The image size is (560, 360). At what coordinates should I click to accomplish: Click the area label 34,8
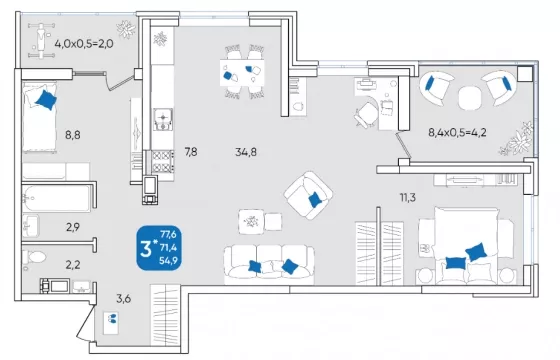(246, 152)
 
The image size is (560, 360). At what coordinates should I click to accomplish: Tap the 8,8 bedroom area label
(72, 135)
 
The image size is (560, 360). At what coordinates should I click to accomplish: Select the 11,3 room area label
(408, 197)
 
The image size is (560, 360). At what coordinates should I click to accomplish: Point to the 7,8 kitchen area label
(191, 152)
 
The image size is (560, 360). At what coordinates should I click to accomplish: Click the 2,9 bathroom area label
(73, 227)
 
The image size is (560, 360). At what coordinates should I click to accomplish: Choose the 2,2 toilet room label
(73, 265)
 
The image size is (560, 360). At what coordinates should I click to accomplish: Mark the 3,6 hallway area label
(124, 298)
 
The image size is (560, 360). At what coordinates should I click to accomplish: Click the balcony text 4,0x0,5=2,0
(84, 44)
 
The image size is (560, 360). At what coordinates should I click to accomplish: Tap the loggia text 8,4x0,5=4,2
(457, 132)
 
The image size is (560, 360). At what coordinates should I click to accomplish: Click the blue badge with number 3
(159, 248)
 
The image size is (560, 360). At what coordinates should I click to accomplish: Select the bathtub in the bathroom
(57, 199)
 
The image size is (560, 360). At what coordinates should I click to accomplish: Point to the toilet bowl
(34, 257)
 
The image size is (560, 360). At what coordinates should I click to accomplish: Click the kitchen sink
(163, 120)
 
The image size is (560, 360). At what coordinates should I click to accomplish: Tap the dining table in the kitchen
(242, 73)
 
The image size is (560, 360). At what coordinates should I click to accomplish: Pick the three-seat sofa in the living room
(269, 264)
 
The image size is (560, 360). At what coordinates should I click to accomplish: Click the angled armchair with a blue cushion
(308, 195)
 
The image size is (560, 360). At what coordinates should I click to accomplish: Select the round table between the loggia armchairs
(470, 98)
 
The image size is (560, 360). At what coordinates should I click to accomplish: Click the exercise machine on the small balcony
(42, 40)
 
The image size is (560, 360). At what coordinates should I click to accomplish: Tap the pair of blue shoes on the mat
(112, 318)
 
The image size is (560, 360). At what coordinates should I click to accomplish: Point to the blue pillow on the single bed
(46, 100)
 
